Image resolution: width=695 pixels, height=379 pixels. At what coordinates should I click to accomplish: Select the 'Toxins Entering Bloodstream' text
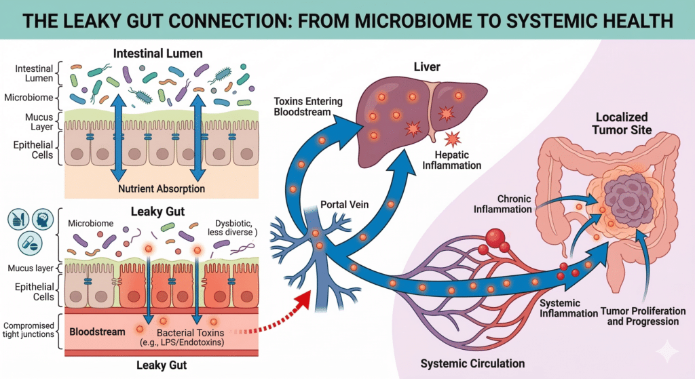(x=308, y=107)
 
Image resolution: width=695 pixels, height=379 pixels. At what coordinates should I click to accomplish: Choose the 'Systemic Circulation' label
(x=463, y=363)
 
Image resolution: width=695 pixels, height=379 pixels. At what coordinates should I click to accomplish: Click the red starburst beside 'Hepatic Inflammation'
(x=452, y=140)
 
